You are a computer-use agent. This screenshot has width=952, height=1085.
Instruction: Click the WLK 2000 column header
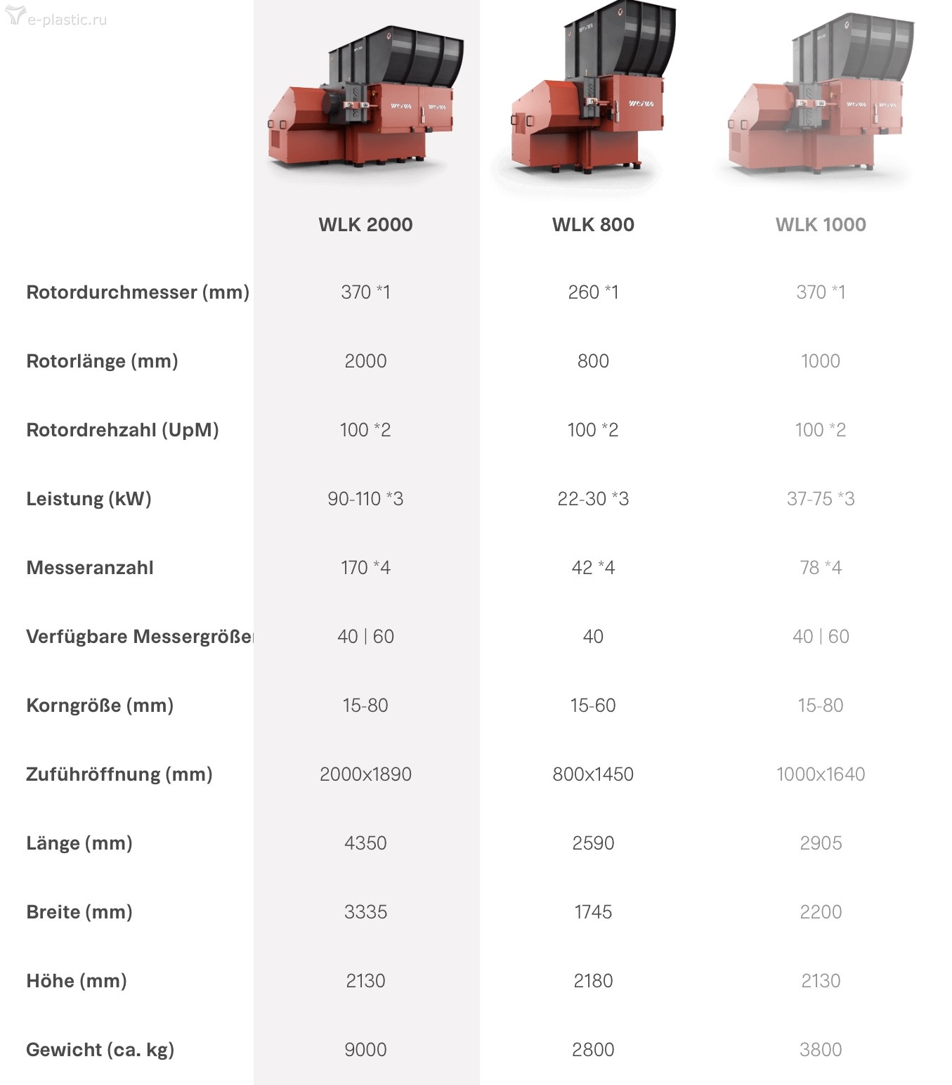point(366,224)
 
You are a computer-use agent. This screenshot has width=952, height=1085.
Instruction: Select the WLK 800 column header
point(593,224)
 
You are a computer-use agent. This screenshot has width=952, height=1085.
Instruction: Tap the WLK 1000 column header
point(821,224)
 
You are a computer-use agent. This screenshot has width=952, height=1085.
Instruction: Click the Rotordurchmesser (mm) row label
point(138,292)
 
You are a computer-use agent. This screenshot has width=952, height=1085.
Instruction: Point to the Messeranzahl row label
point(90,568)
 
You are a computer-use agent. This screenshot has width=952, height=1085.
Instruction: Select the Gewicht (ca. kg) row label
point(100,1050)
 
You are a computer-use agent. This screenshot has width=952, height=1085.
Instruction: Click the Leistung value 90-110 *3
point(366,499)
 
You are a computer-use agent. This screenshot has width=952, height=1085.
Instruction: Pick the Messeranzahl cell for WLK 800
point(593,568)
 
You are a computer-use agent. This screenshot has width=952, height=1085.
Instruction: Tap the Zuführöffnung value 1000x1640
point(821,774)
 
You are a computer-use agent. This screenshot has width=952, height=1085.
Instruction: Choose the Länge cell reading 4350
point(366,843)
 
